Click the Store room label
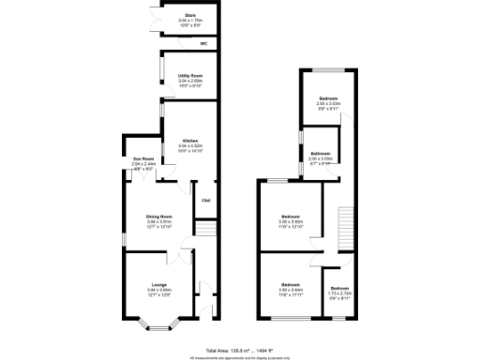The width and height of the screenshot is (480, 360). pos(190,15)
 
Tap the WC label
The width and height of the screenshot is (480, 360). pos(203,43)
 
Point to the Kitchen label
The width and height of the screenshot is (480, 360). pos(190,140)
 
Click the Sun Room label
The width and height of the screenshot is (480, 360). pos(143,158)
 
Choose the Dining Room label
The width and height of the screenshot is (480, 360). pos(158,217)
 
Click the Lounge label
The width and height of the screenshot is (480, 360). pos(158,283)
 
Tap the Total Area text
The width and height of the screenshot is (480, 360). pos(240,348)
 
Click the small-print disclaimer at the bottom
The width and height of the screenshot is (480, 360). pos(240,356)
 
